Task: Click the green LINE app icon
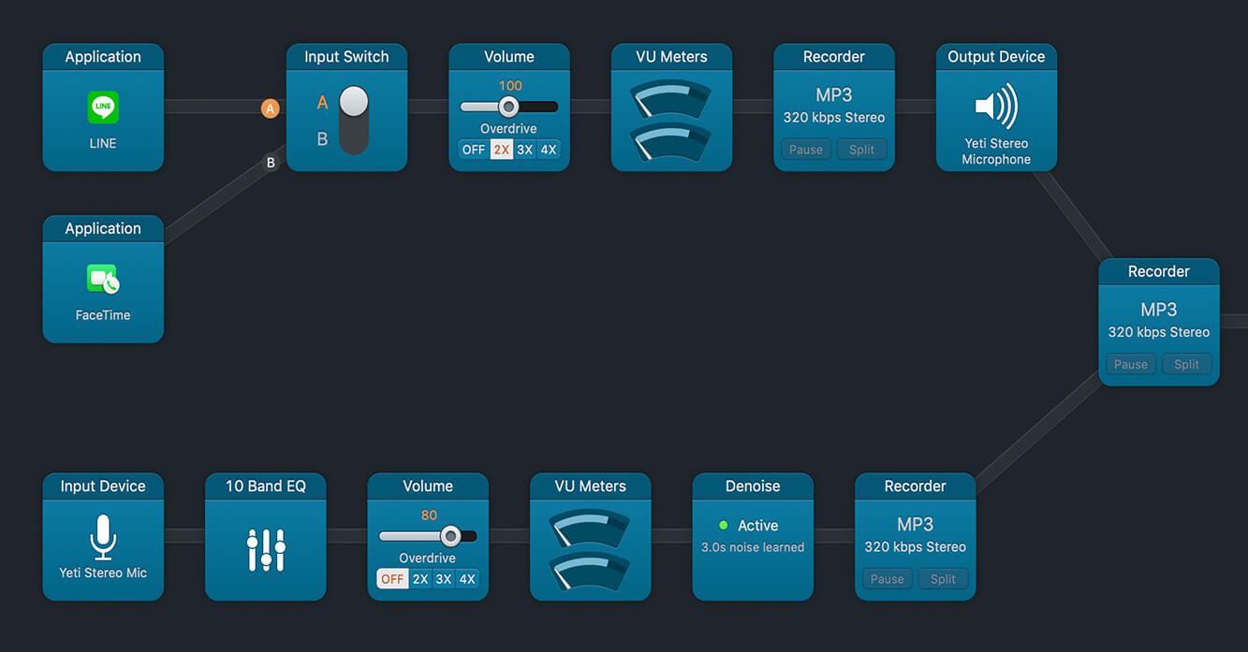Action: pos(103,107)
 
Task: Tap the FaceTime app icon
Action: pos(103,279)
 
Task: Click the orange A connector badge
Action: pos(271,109)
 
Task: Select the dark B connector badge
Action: pos(271,163)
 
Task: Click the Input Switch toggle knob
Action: pos(354,101)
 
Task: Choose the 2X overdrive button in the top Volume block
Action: pos(502,150)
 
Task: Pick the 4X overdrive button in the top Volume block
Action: pos(549,150)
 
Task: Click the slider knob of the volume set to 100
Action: pos(508,107)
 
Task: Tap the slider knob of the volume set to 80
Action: pos(450,536)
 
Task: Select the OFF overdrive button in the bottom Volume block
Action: pos(392,579)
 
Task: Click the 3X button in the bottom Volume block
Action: pos(444,579)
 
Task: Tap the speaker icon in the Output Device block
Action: pos(996,106)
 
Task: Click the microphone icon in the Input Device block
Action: pos(103,537)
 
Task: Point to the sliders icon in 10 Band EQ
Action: pos(266,549)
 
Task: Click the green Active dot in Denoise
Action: pos(723,525)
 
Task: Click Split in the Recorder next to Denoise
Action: pos(943,579)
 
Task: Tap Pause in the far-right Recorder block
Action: pos(1130,364)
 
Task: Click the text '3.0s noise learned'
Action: pos(753,547)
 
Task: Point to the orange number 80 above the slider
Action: pos(429,515)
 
